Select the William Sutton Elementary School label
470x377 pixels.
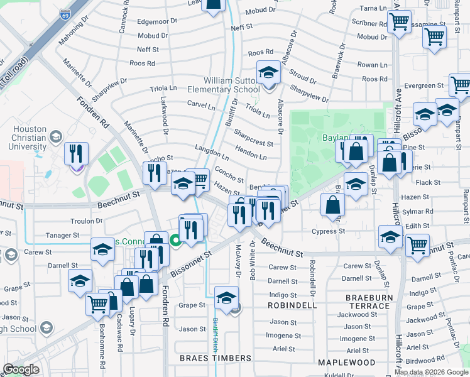point(231,85)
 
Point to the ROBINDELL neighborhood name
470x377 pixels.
point(295,305)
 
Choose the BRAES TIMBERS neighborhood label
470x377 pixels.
point(216,358)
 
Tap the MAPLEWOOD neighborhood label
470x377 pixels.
point(347,363)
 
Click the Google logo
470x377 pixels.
point(21,369)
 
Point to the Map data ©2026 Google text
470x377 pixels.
point(431,372)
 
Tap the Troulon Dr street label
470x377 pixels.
point(86,221)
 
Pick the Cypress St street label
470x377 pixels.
point(329,231)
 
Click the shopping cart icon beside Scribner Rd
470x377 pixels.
point(399,23)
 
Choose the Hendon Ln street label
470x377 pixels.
point(251,151)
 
